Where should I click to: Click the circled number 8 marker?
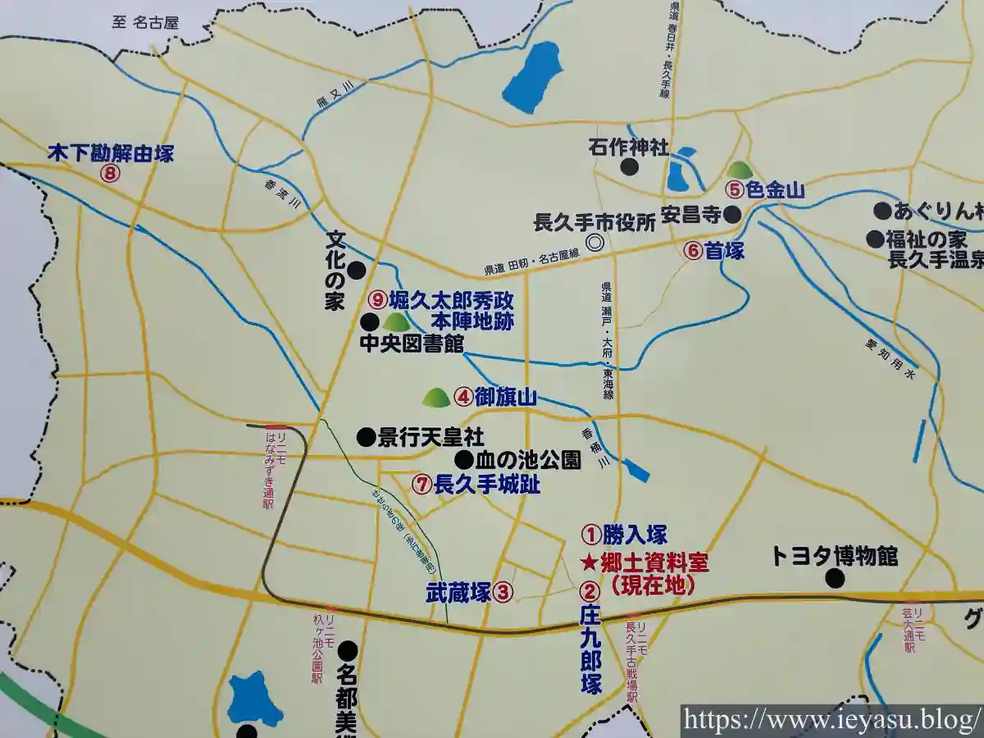click(109, 173)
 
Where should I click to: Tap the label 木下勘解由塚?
click(111, 153)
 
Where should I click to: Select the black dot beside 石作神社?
click(629, 167)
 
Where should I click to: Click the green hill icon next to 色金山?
click(740, 170)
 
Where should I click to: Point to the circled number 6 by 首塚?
click(694, 252)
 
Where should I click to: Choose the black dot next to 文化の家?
click(357, 270)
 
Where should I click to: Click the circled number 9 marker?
click(377, 300)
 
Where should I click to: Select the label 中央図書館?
click(412, 343)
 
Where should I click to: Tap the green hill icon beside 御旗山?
click(435, 398)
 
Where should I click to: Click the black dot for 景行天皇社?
click(366, 437)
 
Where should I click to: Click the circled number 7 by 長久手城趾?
click(421, 485)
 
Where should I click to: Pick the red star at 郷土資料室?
click(589, 563)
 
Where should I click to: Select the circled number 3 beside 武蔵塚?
click(504, 592)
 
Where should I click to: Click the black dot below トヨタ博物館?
click(835, 579)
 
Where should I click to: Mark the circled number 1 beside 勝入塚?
click(590, 535)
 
